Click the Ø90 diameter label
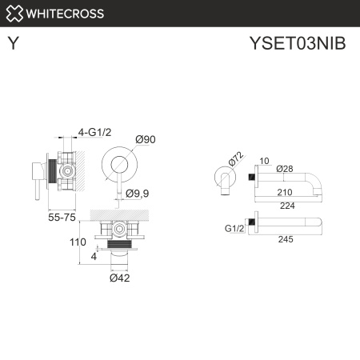pyautogui.click(x=146, y=139)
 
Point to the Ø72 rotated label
pyautogui.click(x=234, y=160)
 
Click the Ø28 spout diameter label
pyautogui.click(x=285, y=169)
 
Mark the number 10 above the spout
pyautogui.click(x=264, y=158)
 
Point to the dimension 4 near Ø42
pyautogui.click(x=94, y=257)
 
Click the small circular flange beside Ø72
pyautogui.click(x=222, y=176)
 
